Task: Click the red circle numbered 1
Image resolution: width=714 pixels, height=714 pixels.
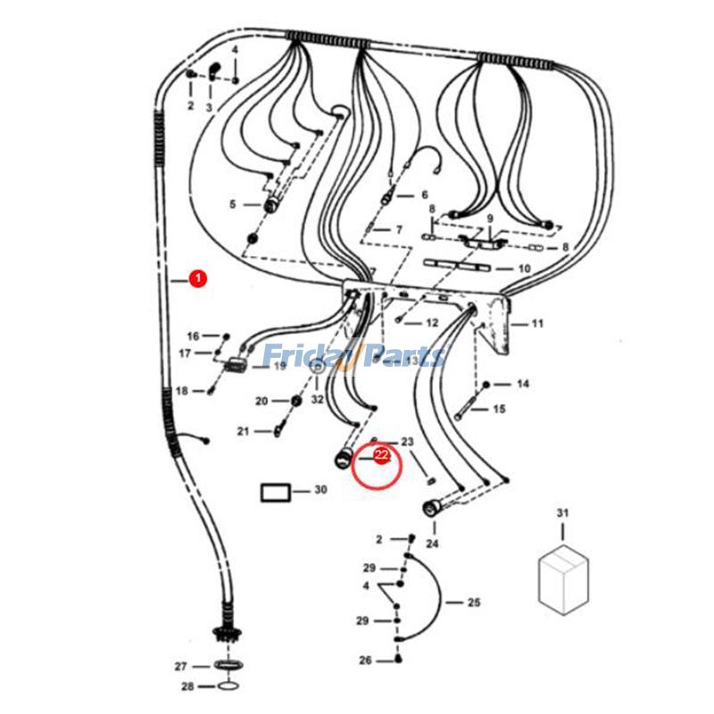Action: (x=197, y=278)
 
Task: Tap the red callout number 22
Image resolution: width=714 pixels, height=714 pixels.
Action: (x=381, y=456)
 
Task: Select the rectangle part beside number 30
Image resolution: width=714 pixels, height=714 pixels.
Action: (x=275, y=491)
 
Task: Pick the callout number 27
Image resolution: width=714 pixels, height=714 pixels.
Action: (x=180, y=667)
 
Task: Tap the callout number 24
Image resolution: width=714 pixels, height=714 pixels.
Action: (x=433, y=544)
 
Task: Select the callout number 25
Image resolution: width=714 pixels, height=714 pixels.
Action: (x=474, y=602)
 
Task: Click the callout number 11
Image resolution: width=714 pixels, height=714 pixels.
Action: (x=537, y=324)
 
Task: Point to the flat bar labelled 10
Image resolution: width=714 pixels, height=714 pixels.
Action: (x=454, y=267)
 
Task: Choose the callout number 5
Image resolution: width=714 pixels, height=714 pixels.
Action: (x=233, y=204)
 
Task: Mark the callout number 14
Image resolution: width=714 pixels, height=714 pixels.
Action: (x=523, y=384)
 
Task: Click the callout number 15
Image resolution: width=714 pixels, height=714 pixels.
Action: (x=500, y=410)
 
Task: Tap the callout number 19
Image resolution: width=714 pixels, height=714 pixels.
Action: (x=279, y=366)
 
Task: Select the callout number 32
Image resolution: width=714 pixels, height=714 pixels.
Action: (x=318, y=400)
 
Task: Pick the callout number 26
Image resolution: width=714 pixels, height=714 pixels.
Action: (x=365, y=660)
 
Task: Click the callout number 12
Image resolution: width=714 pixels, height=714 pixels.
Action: (x=432, y=323)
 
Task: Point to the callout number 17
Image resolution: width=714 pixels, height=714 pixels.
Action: (x=185, y=353)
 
